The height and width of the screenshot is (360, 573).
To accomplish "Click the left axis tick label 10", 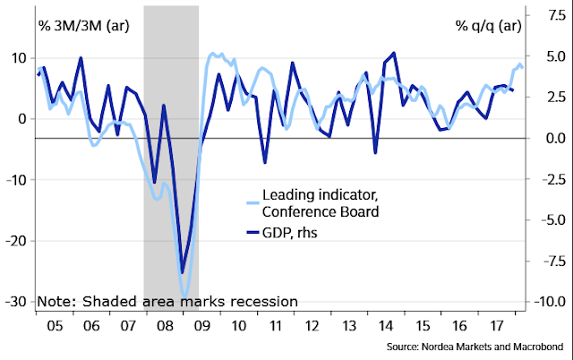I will point(19,58).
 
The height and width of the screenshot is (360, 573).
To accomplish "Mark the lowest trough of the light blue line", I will point(185,296).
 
